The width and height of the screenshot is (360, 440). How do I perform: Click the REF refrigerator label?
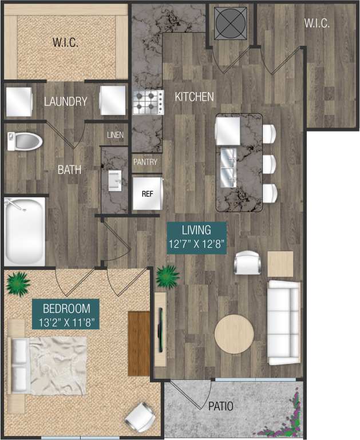[x=147, y=193]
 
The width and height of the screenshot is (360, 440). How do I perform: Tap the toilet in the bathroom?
[x=26, y=141]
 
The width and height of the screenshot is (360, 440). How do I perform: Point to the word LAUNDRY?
[x=65, y=102]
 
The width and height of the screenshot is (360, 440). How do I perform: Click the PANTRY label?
[x=145, y=162]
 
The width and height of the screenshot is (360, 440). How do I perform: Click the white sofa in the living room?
[x=283, y=322]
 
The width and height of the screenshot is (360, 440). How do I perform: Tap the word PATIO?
[x=220, y=407]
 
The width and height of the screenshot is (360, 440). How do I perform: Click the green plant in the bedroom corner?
[x=19, y=282]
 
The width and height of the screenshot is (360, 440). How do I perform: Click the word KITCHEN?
[x=194, y=97]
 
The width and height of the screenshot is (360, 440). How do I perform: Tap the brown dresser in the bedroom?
[x=139, y=343]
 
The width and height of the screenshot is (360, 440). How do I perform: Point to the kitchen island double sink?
[x=227, y=166]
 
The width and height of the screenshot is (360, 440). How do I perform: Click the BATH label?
[x=69, y=170]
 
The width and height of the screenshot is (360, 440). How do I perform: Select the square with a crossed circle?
[x=228, y=23]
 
